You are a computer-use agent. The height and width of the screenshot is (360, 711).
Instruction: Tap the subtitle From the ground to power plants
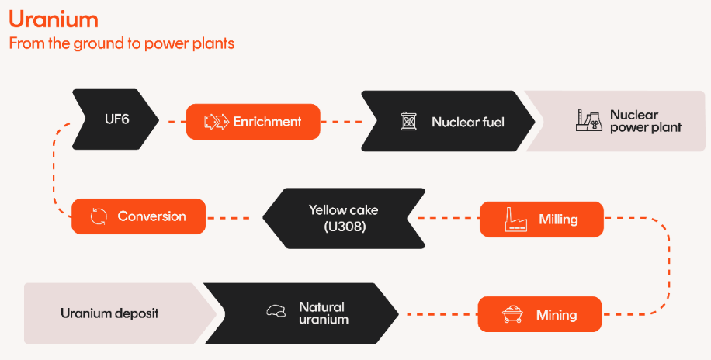(121, 43)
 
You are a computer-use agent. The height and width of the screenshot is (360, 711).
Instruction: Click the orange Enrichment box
(253, 122)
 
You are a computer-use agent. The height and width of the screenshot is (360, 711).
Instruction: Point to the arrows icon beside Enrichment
(215, 122)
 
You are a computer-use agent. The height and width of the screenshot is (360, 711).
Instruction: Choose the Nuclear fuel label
(468, 122)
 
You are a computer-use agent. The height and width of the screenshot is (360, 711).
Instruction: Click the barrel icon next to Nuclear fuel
(408, 122)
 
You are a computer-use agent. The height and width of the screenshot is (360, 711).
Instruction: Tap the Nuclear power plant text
(645, 121)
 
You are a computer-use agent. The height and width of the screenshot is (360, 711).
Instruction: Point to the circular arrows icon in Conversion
(99, 216)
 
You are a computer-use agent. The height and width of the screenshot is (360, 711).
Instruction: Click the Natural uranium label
(323, 313)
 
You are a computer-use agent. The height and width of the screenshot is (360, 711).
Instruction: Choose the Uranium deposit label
(109, 313)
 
